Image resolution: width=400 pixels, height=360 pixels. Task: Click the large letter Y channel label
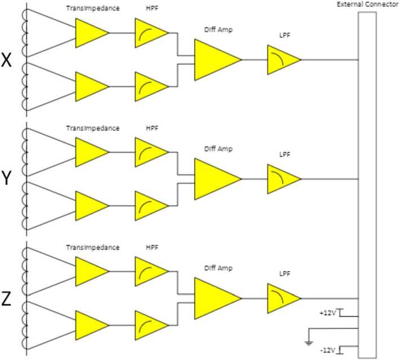(x=7, y=180)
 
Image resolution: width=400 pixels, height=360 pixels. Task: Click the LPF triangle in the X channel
(x=282, y=60)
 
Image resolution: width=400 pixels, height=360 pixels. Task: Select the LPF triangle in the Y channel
(x=282, y=179)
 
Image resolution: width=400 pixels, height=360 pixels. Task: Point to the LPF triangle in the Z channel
(x=282, y=299)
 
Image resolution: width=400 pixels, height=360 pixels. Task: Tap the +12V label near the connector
(x=327, y=312)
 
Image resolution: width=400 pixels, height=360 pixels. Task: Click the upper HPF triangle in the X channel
(x=150, y=33)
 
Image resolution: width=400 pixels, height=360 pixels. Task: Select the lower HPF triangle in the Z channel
(x=150, y=326)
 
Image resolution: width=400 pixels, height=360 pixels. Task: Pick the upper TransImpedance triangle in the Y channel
(x=90, y=152)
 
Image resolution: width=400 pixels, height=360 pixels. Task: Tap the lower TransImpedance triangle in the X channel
(x=90, y=87)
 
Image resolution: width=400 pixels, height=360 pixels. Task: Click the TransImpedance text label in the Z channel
(x=93, y=247)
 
